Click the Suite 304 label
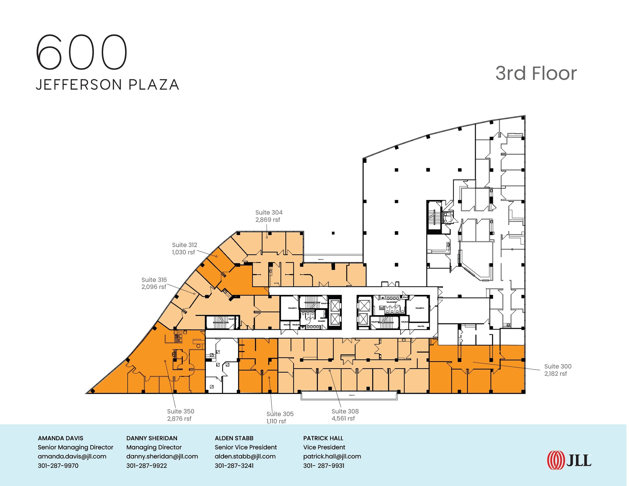269,213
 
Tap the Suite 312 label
184,245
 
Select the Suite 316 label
154,280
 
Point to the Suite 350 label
181,411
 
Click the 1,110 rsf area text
276,421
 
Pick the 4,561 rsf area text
343,418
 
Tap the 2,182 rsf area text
555,374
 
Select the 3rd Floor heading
536,73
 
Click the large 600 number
81,52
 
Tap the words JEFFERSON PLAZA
107,85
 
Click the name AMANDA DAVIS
61,438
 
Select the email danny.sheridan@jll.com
162,457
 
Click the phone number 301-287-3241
234,466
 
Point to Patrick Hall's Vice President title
324,447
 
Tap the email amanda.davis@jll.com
72,457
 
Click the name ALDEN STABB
234,438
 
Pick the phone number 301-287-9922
147,466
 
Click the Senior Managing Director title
76,447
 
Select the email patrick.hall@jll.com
332,457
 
